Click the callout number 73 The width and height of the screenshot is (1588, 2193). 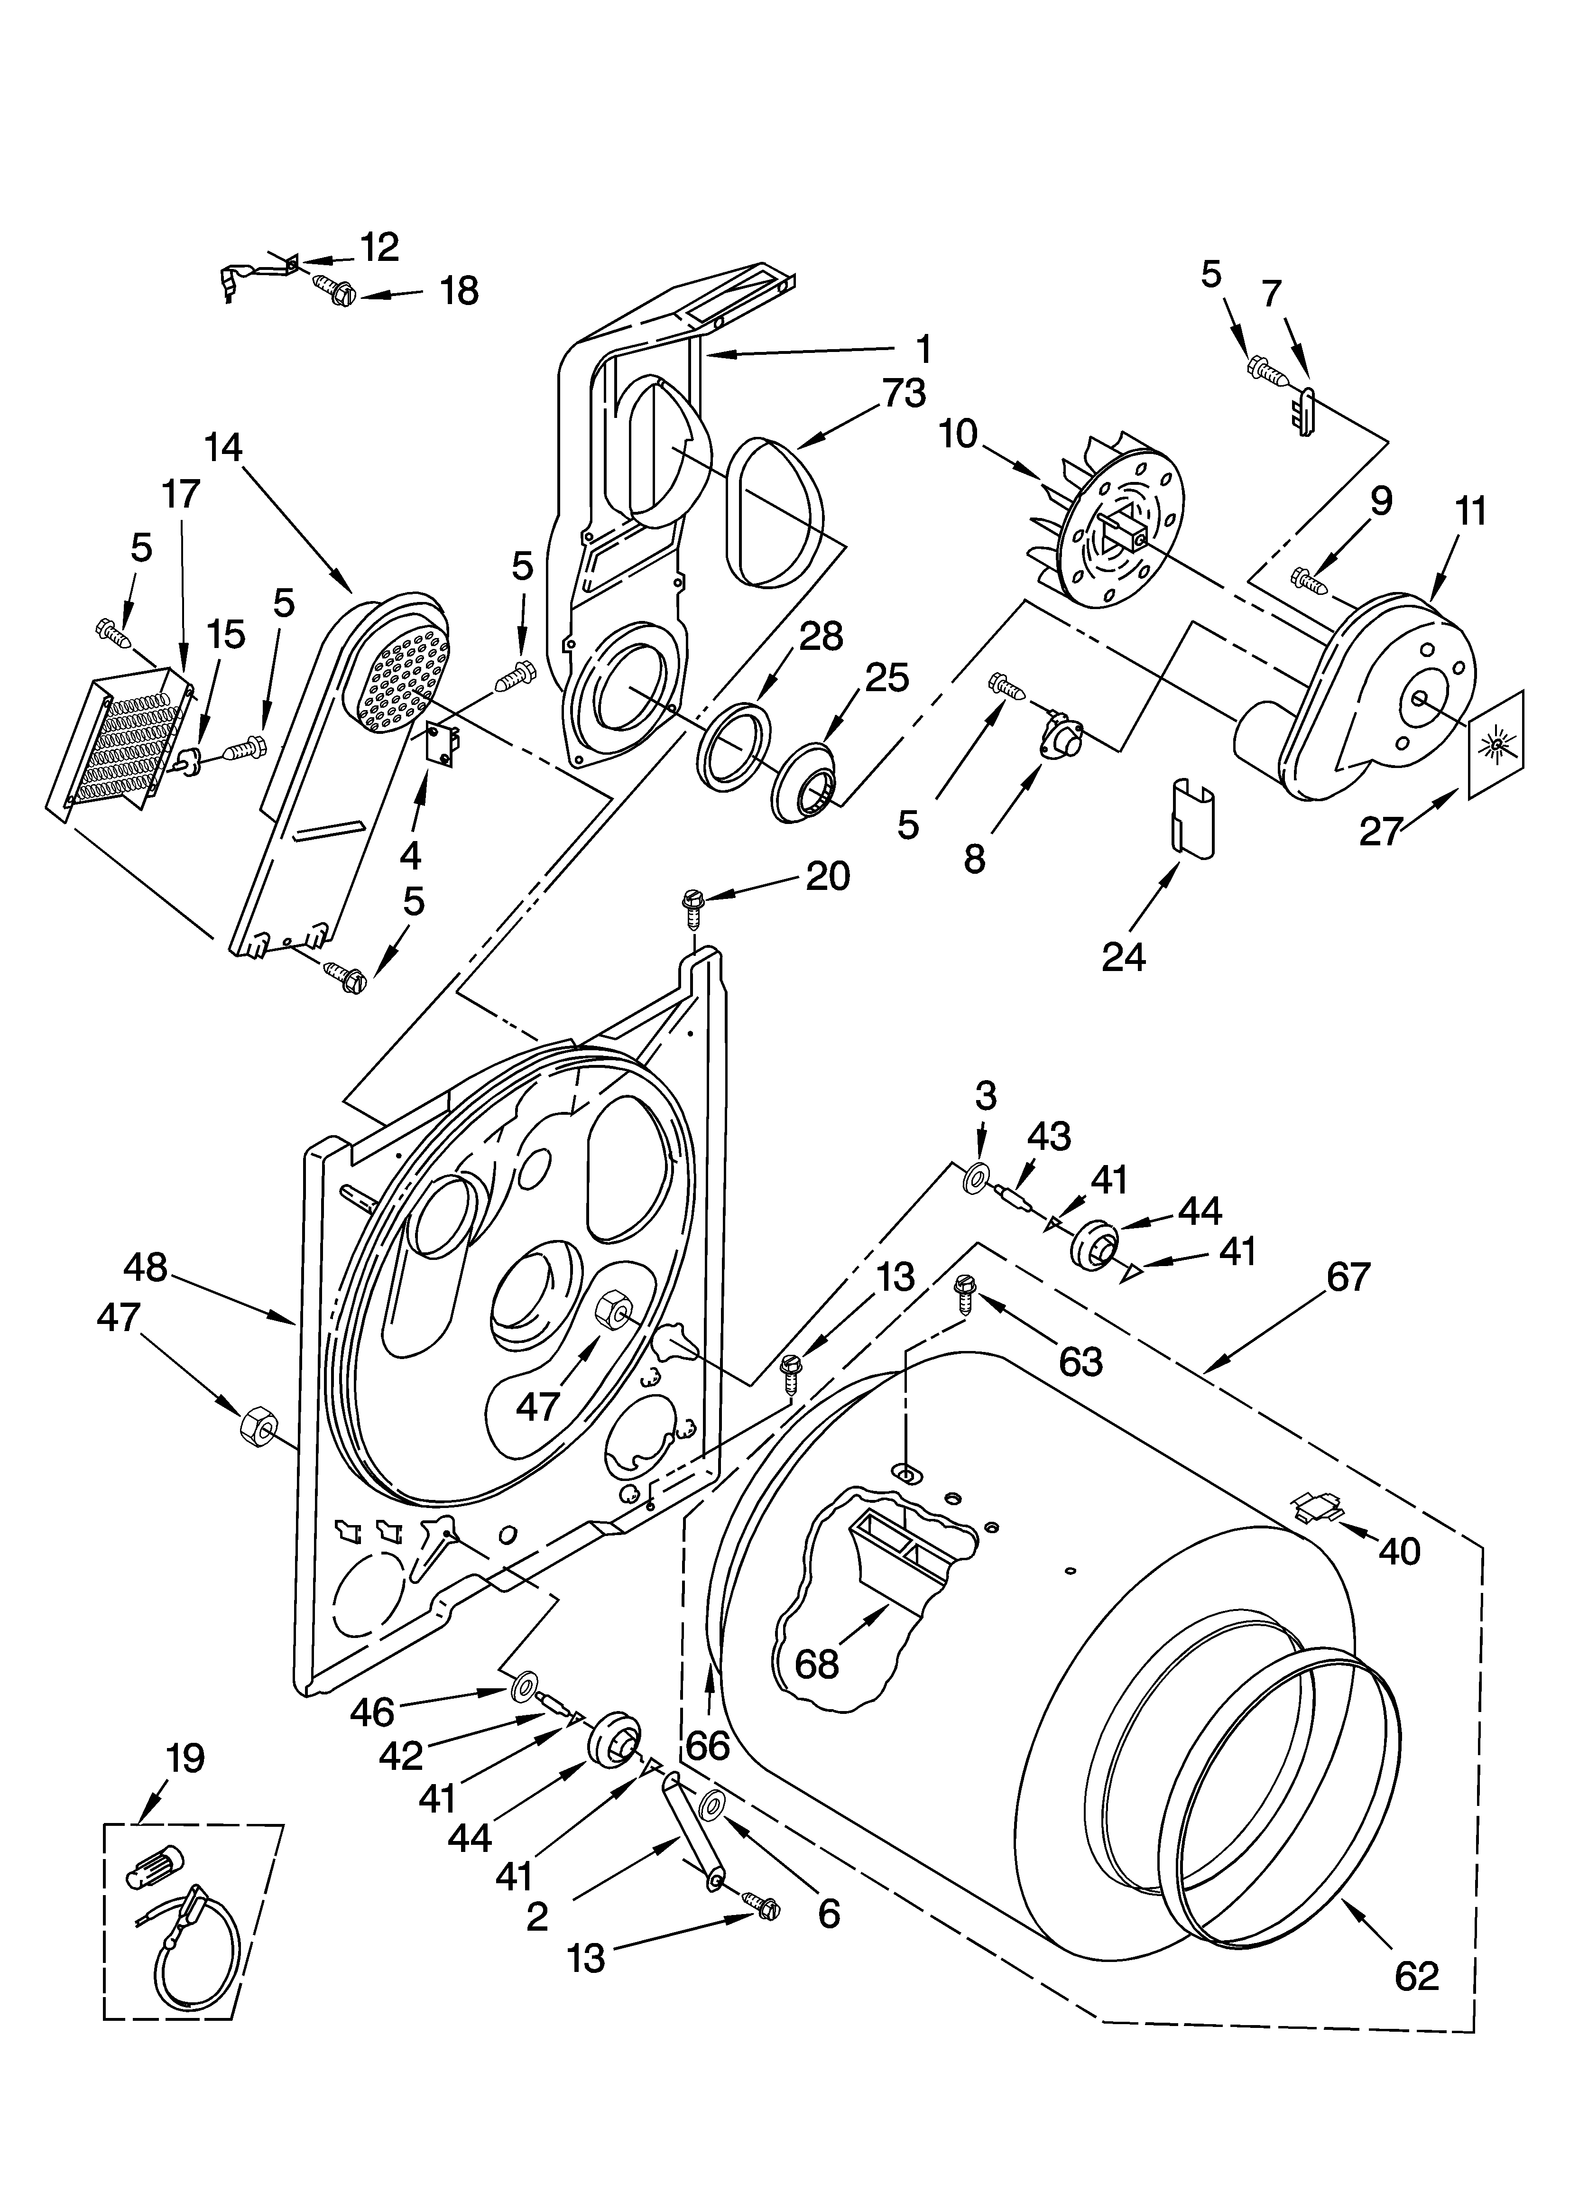[x=903, y=394]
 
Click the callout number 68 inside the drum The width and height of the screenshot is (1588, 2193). [x=817, y=1663]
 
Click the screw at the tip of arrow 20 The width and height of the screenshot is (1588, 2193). [x=692, y=908]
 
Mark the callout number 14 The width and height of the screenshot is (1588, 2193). [x=223, y=448]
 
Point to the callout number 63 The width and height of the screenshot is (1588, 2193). [x=1080, y=1361]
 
